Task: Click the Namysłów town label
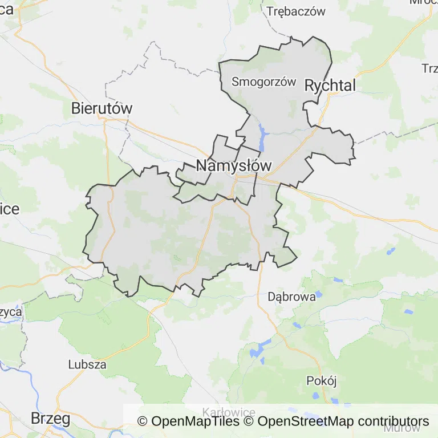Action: [x=233, y=166]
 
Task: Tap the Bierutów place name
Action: [x=102, y=108]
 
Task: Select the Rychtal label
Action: [x=330, y=86]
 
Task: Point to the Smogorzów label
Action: [x=263, y=82]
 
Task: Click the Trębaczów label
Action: [x=295, y=11]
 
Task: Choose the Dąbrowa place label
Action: [x=291, y=297]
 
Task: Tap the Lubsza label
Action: [x=87, y=364]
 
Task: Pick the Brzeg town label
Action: [x=50, y=419]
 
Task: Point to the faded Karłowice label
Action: [x=229, y=412]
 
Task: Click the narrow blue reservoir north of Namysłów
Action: [x=263, y=137]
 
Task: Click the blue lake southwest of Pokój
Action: [x=262, y=346]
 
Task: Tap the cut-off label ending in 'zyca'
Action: [x=11, y=313]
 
